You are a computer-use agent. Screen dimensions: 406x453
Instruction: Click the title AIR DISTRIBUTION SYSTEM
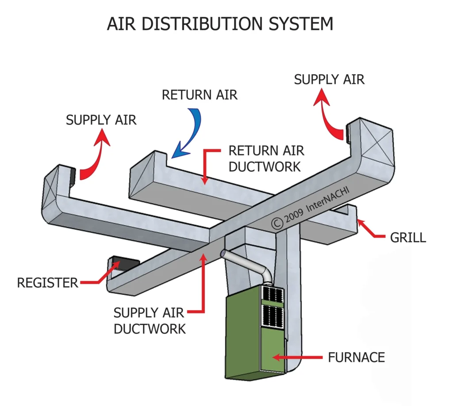pos(220,24)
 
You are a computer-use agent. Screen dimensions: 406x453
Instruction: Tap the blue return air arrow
pos(190,133)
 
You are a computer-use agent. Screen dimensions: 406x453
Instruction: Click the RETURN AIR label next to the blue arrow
pos(200,95)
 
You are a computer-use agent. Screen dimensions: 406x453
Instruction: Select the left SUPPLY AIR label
pos(101,120)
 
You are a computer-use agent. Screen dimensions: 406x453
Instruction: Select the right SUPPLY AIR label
pos(329,80)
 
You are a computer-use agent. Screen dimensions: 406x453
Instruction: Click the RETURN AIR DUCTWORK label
pos(266,158)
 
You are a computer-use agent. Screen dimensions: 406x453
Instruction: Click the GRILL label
pos(408,238)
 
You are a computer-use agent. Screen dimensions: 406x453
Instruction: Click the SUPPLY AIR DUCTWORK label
pos(149,321)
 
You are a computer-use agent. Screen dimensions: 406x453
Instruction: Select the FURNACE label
pos(357,357)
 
